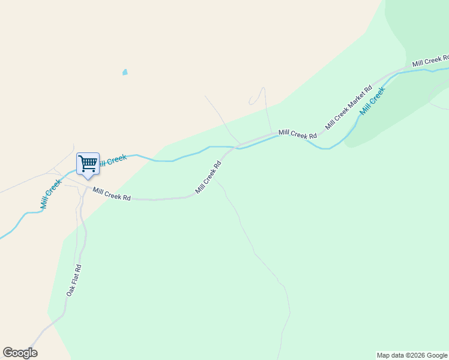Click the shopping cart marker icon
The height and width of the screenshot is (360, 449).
[x=88, y=163]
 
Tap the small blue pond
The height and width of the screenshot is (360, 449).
[x=125, y=72]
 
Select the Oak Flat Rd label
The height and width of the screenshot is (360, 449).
[x=73, y=280]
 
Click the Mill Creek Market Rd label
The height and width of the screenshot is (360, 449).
[x=349, y=107]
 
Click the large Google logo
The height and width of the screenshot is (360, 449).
[x=20, y=353]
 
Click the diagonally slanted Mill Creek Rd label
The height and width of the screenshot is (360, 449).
[x=208, y=176]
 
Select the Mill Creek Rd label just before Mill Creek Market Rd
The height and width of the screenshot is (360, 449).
[x=298, y=134]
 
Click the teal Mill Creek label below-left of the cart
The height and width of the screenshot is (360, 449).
[x=51, y=194]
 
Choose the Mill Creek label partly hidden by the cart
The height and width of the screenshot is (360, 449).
[x=113, y=160]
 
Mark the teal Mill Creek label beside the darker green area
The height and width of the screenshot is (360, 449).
[x=372, y=101]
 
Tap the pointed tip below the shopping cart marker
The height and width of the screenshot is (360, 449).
[x=88, y=178]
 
